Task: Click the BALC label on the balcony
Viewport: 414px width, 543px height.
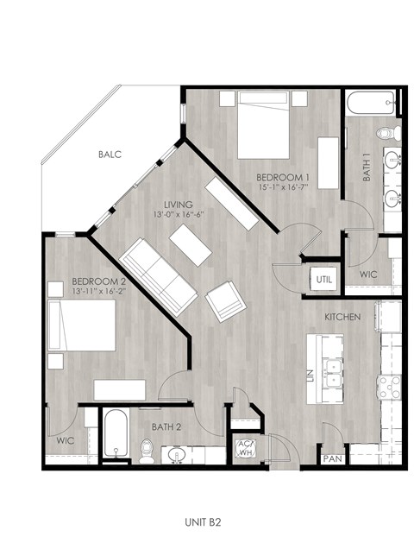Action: [x=110, y=155]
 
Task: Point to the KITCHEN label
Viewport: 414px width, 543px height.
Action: [x=342, y=318]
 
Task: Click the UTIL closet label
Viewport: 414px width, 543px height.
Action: [x=323, y=280]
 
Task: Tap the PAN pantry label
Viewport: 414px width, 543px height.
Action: [x=332, y=459]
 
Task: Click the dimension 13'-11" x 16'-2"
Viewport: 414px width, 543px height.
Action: [x=99, y=292]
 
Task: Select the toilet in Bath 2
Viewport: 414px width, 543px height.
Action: [x=147, y=450]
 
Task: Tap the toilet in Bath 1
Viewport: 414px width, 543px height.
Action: [x=389, y=134]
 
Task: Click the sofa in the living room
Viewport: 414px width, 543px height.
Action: [x=160, y=276]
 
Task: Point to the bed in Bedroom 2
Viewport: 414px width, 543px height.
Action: [x=82, y=329]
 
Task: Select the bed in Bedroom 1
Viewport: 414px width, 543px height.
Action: [x=262, y=127]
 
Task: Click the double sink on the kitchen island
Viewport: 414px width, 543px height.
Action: [x=331, y=374]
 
